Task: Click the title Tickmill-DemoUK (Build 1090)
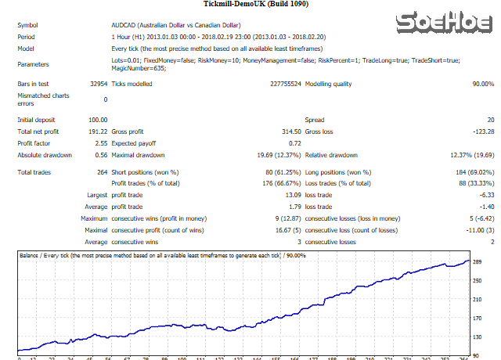pos(250,5)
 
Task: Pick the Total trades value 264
pos(101,171)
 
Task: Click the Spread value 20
pos(489,120)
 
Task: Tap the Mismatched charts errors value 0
pos(105,99)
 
